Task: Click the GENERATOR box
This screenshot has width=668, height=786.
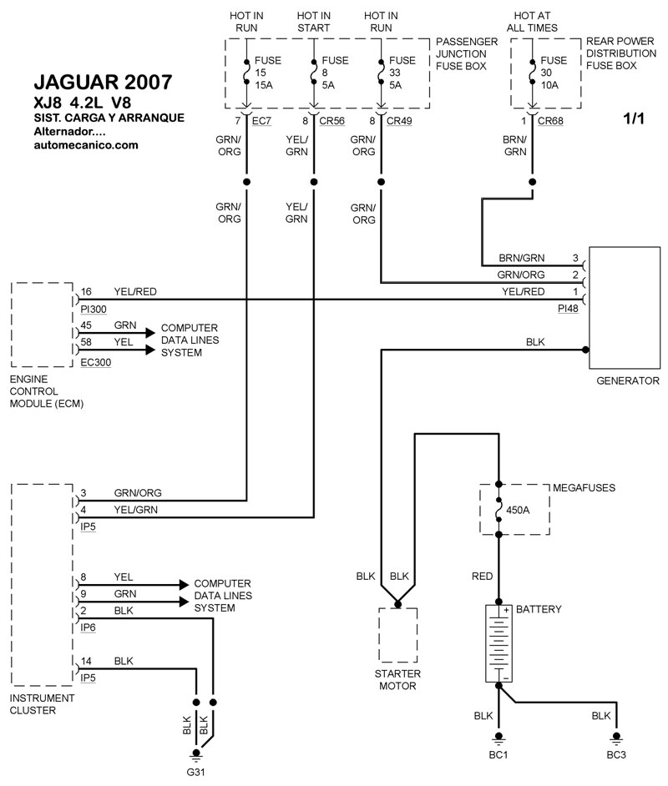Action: click(x=625, y=308)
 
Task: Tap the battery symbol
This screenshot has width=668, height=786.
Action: click(x=498, y=643)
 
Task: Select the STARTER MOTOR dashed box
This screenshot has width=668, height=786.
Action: click(x=397, y=635)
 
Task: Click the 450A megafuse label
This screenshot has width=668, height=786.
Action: click(x=518, y=511)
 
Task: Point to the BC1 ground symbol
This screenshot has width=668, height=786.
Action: click(x=498, y=738)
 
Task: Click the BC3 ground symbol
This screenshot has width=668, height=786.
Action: click(x=616, y=738)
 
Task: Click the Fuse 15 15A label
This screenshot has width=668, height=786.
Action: click(x=268, y=73)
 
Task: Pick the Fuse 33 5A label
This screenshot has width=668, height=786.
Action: click(x=402, y=73)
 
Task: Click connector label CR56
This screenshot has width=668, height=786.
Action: click(x=332, y=121)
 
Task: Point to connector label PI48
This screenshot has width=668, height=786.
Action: click(x=568, y=309)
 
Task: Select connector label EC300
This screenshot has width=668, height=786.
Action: click(x=96, y=362)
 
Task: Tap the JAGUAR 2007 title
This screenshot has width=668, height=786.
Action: click(x=104, y=83)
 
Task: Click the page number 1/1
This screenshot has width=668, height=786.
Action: click(x=634, y=118)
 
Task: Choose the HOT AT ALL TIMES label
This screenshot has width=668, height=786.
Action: click(x=532, y=22)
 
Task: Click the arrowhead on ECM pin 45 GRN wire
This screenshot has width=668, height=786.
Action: click(x=150, y=333)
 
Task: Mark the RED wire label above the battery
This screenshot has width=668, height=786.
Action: click(x=482, y=577)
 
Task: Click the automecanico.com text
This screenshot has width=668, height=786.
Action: click(x=86, y=145)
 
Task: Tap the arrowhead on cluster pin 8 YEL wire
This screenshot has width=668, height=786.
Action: click(x=184, y=584)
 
